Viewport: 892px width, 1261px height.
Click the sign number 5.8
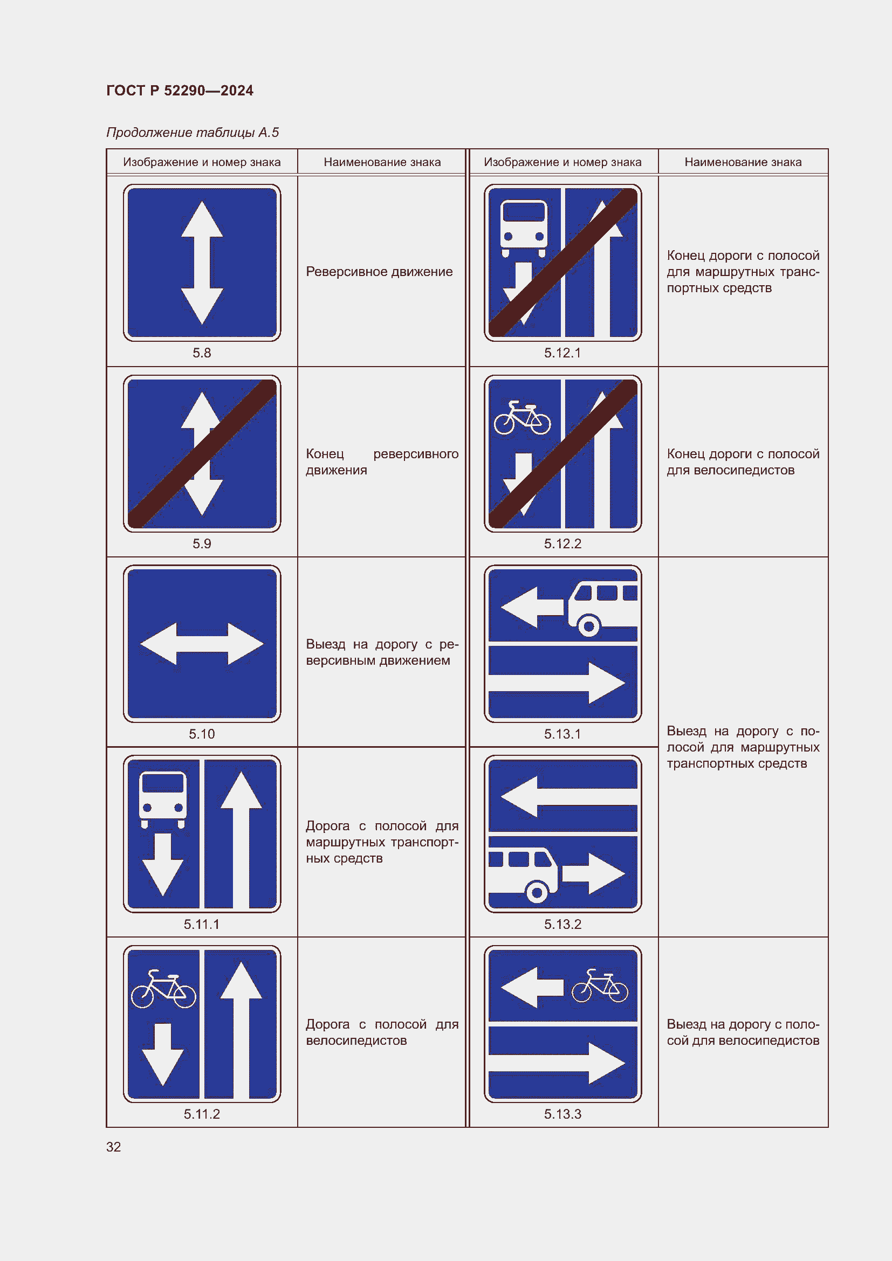(202, 353)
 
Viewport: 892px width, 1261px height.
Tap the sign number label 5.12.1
(562, 353)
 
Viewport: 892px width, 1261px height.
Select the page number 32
(113, 1147)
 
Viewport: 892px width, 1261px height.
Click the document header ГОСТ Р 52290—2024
(180, 91)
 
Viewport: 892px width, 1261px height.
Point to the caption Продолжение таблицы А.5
(192, 133)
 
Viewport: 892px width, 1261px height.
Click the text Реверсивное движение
(379, 271)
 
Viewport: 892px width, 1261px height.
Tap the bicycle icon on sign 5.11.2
(163, 989)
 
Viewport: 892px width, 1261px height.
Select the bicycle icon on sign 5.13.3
(600, 986)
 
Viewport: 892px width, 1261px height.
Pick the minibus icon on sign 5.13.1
(602, 610)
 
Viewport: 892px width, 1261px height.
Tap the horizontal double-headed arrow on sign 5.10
(202, 644)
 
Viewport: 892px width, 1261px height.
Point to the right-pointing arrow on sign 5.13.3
(557, 1064)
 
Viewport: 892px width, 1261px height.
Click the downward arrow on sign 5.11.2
(162, 1055)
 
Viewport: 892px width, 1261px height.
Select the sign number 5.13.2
(562, 925)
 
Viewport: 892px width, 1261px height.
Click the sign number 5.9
(202, 543)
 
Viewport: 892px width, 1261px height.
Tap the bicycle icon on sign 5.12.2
(523, 418)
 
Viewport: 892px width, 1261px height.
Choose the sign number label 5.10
(202, 734)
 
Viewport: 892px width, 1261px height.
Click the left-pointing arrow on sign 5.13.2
(568, 796)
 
